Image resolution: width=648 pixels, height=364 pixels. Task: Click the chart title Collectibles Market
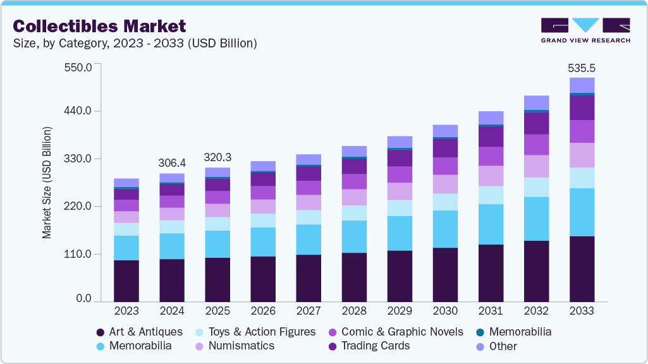[100, 26]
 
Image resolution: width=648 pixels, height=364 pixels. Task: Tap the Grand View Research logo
[585, 30]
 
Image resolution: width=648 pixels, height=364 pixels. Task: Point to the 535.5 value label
[582, 68]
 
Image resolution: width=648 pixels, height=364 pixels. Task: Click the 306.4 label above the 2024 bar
[172, 163]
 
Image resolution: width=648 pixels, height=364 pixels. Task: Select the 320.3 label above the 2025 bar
[217, 157]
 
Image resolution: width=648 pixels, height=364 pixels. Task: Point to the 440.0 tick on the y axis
[79, 111]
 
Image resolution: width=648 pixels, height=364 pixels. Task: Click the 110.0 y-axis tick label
[79, 254]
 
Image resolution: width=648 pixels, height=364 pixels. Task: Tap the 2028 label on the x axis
[354, 311]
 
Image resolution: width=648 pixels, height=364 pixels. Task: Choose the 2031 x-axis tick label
[491, 311]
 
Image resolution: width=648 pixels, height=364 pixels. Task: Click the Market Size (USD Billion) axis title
[47, 183]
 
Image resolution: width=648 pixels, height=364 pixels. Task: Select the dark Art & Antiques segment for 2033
[582, 269]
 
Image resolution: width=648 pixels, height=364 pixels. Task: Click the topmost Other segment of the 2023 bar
[126, 183]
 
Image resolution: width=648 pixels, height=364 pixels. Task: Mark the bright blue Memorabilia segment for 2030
[445, 229]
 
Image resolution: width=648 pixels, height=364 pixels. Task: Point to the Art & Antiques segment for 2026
[263, 279]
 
